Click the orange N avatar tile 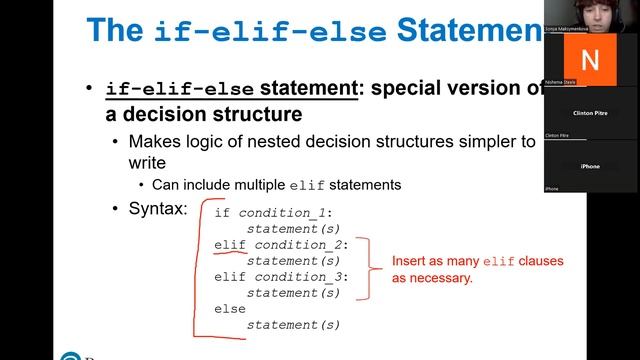[590, 59]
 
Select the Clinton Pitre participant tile [590, 113]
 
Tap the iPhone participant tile [590, 166]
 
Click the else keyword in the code [230, 309]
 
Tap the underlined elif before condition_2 [230, 245]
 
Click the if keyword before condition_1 [222, 213]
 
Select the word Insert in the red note [411, 262]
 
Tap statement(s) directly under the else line [293, 325]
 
